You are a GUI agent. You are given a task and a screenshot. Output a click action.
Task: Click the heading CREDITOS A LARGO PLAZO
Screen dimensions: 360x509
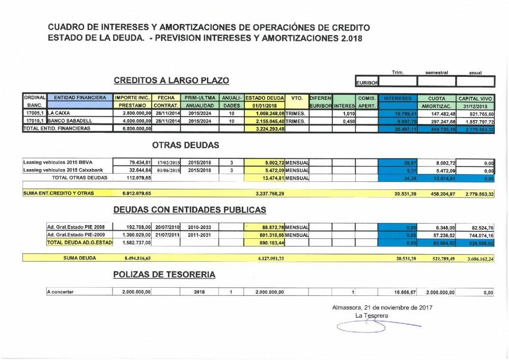[x=172, y=80]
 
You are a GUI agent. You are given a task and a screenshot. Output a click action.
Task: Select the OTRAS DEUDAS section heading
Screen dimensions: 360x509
[x=185, y=145]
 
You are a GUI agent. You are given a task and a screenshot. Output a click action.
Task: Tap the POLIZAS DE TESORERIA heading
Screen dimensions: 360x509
[x=164, y=274]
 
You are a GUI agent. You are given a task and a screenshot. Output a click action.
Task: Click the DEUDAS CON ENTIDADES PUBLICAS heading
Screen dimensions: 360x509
[x=189, y=209]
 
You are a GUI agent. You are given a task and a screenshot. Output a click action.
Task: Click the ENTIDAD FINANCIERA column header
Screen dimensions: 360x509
[x=80, y=97]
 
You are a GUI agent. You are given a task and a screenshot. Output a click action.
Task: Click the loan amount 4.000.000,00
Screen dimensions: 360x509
[x=134, y=121]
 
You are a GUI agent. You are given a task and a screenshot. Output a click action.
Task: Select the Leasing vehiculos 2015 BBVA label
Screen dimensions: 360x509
[x=53, y=162]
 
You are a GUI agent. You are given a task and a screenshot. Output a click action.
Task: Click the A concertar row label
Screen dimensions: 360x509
[x=60, y=292]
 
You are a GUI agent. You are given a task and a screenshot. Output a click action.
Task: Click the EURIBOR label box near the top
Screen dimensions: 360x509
[x=365, y=82]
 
